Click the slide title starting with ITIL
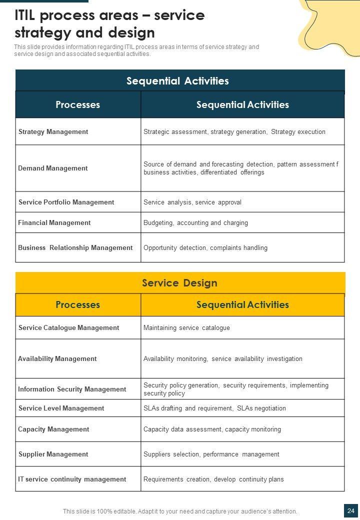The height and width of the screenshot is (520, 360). click(109, 24)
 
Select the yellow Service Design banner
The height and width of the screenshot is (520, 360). click(180, 283)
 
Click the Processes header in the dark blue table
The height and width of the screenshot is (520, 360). click(78, 104)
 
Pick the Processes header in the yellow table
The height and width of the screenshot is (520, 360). click(78, 304)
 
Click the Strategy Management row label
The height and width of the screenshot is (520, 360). click(53, 131)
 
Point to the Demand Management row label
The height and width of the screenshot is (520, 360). click(53, 168)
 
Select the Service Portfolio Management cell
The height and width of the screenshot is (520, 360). click(66, 202)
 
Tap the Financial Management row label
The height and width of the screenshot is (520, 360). click(54, 222)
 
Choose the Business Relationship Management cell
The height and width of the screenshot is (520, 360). click(75, 247)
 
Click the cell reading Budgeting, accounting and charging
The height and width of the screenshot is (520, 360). click(196, 222)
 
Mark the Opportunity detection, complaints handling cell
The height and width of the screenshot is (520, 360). click(205, 247)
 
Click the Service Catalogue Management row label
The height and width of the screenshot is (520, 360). click(69, 327)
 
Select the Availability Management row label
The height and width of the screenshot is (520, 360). click(57, 358)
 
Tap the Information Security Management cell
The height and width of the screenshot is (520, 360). click(72, 389)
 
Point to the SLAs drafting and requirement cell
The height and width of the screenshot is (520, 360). click(215, 408)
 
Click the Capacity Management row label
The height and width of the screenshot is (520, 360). click(53, 429)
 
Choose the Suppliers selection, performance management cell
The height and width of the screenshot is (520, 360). click(211, 454)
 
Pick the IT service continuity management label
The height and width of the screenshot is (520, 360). click(72, 479)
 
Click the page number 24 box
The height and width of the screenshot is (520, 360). click(351, 510)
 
